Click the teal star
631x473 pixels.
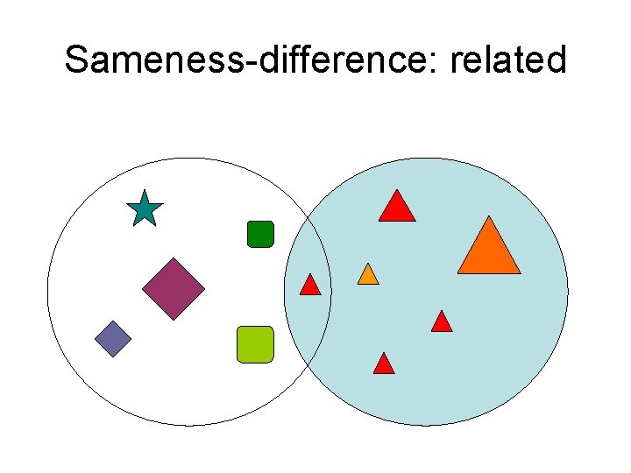(144, 211)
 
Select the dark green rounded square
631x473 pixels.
(260, 234)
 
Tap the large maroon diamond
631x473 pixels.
(174, 288)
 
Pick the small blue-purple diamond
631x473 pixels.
(113, 339)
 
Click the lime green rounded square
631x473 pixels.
(255, 344)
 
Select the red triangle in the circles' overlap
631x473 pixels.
(310, 286)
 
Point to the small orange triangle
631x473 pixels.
(368, 275)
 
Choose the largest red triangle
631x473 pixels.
(397, 208)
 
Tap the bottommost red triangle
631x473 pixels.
(384, 364)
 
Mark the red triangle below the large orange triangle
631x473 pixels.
(442, 322)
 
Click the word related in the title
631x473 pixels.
(512, 60)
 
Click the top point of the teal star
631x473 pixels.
(144, 192)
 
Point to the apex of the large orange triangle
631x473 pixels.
(489, 217)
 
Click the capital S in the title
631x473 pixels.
(77, 60)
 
